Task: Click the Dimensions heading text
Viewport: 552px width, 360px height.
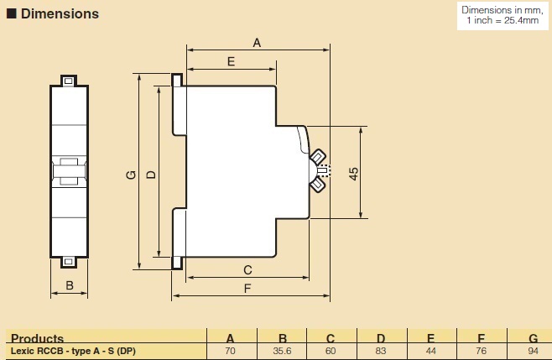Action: click(x=60, y=13)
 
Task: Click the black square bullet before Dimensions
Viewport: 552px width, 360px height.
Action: click(x=11, y=14)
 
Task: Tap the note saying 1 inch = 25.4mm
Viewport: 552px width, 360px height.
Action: click(x=502, y=20)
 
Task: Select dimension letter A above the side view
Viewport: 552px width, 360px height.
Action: click(x=258, y=42)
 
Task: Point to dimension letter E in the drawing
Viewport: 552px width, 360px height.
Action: click(x=230, y=61)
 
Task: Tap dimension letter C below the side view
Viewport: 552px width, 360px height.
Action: click(x=247, y=270)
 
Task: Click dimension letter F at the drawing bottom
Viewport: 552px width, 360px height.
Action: click(x=248, y=290)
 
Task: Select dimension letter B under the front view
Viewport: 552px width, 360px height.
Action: click(x=70, y=285)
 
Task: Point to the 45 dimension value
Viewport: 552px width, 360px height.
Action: click(x=354, y=174)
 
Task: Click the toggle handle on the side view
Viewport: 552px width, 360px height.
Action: click(x=319, y=171)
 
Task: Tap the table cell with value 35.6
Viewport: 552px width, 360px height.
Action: click(x=281, y=351)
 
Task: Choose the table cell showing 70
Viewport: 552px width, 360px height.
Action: click(x=231, y=351)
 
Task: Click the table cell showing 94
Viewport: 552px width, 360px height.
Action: click(x=533, y=351)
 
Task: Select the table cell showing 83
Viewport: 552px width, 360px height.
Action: click(x=382, y=351)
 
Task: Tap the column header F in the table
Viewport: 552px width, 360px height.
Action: click(x=482, y=339)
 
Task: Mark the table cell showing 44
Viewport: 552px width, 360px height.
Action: click(x=432, y=351)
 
